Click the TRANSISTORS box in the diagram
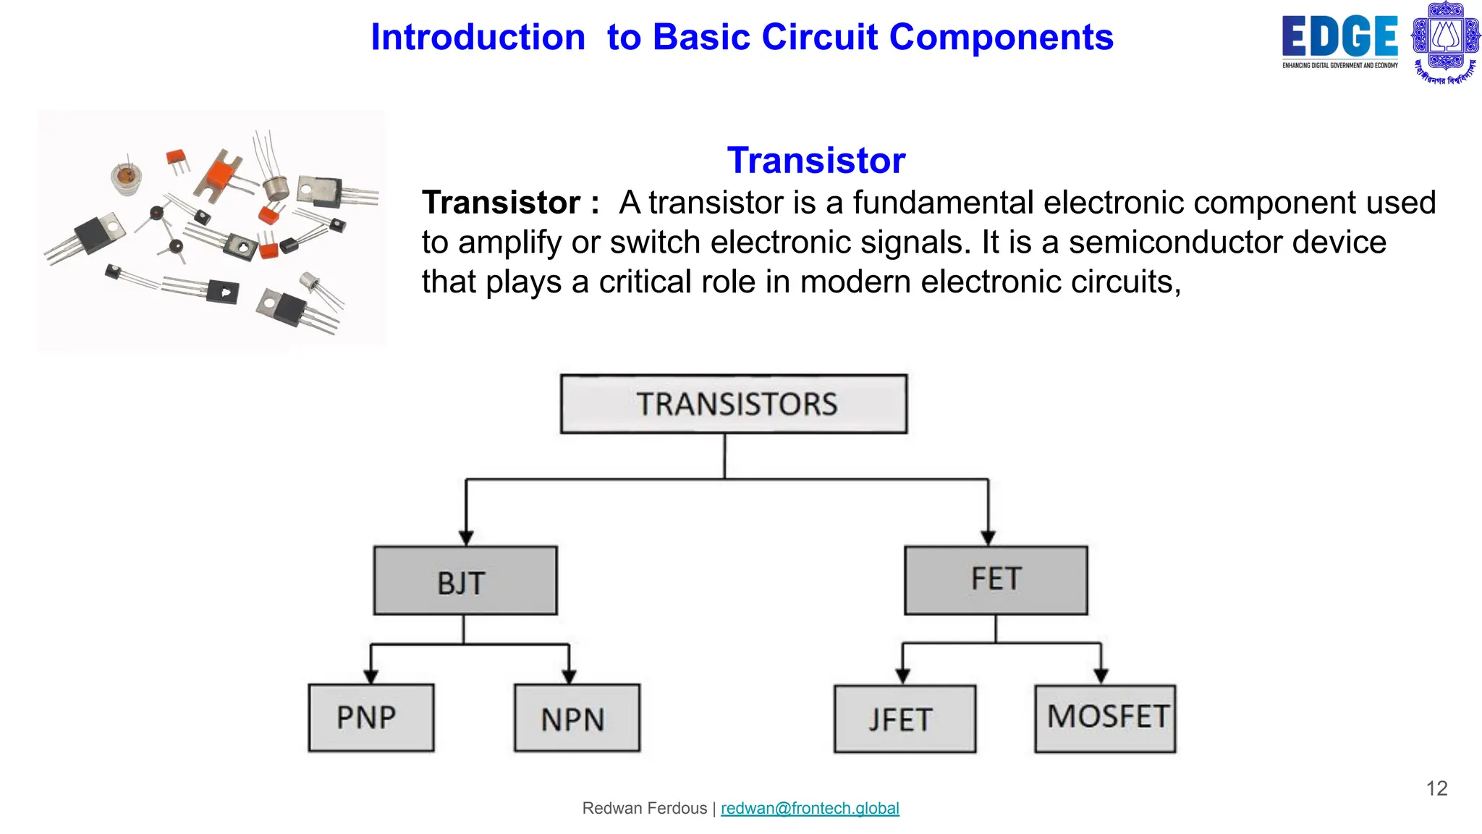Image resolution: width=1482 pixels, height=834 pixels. pos(734,404)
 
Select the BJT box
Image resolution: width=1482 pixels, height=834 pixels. pos(465,581)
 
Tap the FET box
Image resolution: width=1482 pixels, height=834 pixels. pos(996,580)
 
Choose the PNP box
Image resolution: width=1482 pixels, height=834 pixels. pos(371,717)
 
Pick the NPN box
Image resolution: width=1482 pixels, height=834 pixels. pos(577,718)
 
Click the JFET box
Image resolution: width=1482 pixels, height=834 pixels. pos(905,719)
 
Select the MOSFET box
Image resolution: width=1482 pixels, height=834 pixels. pos(1105,718)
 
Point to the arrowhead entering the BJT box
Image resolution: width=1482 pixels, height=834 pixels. pos(466,538)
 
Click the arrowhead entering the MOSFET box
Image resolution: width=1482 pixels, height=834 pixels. pos(1101,676)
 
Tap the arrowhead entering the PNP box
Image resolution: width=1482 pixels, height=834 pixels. pos(371,676)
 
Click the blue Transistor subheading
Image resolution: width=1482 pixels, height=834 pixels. pos(816,160)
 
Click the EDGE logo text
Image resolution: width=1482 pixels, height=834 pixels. pos(1339,37)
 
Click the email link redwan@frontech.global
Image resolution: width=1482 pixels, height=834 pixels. pos(810,808)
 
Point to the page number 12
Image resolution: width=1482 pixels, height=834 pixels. pos(1436,788)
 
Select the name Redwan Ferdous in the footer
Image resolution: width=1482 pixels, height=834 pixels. pos(644,808)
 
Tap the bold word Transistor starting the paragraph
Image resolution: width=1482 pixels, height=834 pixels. pos(501,203)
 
